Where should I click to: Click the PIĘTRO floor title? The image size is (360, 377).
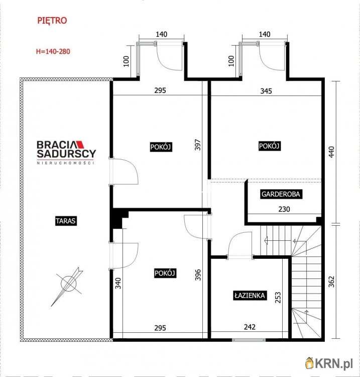(x=52, y=21)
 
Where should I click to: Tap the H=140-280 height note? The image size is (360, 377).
(x=53, y=51)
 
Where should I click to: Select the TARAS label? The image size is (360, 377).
(x=66, y=221)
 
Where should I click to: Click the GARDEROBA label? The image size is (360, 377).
(x=281, y=194)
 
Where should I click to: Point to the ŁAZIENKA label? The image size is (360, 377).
(x=250, y=296)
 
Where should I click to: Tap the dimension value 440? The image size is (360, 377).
(x=331, y=152)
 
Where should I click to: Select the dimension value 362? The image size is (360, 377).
(x=331, y=281)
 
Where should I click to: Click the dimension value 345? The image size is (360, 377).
(x=266, y=91)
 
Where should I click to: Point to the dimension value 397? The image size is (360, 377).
(x=198, y=144)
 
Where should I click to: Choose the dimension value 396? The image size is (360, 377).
(x=198, y=274)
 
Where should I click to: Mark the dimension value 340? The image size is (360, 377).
(x=118, y=283)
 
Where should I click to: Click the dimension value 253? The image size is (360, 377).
(x=278, y=297)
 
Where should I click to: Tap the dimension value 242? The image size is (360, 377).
(x=250, y=327)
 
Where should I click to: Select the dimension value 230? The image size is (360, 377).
(x=284, y=209)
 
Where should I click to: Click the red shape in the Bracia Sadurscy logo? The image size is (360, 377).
(x=80, y=144)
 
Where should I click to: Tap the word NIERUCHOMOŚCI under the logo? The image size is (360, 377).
(x=65, y=163)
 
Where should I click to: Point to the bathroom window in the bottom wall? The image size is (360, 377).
(x=249, y=340)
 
